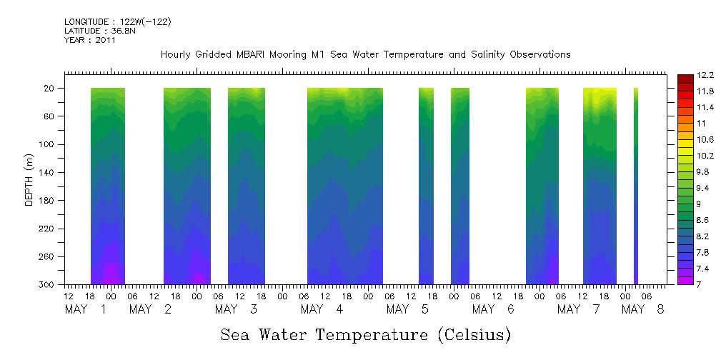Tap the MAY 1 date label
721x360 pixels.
[86, 309]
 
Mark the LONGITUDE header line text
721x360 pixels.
[118, 22]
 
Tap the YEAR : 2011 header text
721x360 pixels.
[90, 40]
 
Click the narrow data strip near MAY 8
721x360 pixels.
[636, 186]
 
